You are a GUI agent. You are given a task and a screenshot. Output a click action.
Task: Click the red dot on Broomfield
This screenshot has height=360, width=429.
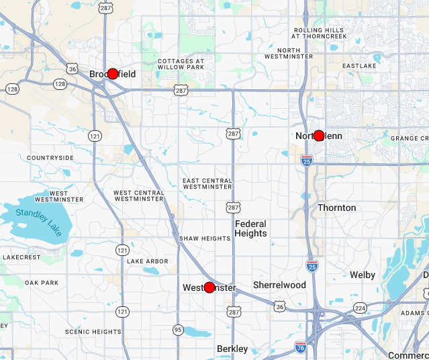click(x=113, y=74)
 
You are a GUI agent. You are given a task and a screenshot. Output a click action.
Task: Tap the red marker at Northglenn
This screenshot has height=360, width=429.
click(x=319, y=136)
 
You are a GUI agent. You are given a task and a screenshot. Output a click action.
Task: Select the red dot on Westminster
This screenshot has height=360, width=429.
click(x=209, y=287)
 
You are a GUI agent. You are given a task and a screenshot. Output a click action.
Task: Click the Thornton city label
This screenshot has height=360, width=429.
click(x=336, y=208)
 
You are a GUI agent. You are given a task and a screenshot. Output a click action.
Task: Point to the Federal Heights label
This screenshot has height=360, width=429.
click(x=250, y=228)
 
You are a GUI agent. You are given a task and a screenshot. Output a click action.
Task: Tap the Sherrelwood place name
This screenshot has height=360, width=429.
click(x=279, y=285)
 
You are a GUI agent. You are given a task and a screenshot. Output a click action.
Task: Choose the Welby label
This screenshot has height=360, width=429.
click(x=363, y=275)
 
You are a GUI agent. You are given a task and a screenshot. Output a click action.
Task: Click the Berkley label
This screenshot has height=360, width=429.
click(x=232, y=349)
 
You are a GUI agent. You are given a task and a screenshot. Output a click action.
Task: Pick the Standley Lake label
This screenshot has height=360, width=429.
click(x=40, y=221)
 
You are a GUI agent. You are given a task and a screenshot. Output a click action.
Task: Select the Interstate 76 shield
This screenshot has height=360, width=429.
click(x=301, y=347)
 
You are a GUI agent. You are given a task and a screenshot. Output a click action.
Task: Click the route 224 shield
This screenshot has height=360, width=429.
click(x=361, y=308)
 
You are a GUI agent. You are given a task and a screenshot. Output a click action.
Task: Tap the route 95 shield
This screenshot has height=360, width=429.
click(x=177, y=329)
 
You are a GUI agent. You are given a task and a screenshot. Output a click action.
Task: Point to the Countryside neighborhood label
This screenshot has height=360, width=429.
click(x=50, y=158)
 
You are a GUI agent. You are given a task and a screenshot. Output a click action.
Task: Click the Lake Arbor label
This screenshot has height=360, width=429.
click(x=148, y=261)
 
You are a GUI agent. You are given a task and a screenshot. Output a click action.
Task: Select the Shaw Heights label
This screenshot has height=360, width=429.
click(x=205, y=238)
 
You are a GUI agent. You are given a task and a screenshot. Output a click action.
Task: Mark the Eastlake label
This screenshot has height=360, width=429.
click(x=359, y=66)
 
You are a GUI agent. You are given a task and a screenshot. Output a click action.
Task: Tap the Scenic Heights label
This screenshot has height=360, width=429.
click(x=93, y=332)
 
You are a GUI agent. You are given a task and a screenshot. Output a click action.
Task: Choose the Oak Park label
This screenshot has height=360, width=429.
click(x=42, y=283)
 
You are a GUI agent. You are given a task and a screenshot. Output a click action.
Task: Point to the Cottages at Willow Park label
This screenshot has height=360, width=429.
click(x=181, y=64)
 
